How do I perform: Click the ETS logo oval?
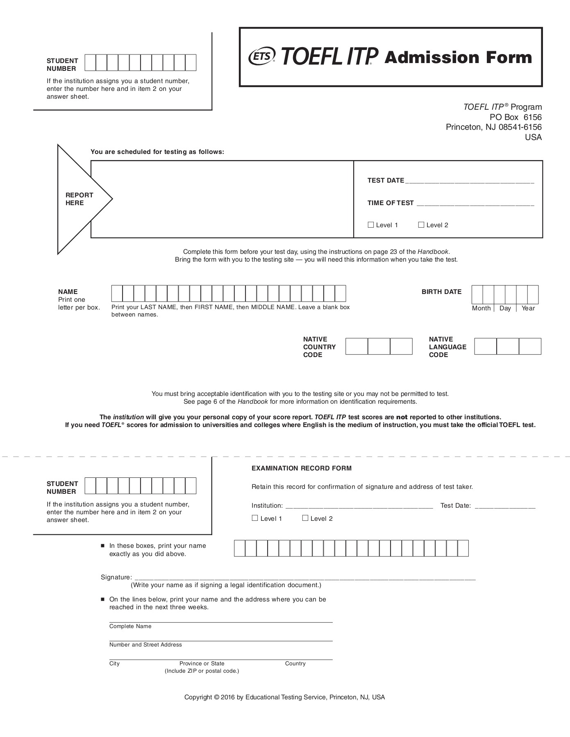[262, 57]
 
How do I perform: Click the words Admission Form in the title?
[458, 58]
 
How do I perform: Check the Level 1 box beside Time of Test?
[371, 225]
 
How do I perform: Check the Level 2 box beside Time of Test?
[421, 225]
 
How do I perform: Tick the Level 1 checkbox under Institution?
[255, 518]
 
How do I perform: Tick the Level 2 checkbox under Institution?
[305, 518]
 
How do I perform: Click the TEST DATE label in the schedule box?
[386, 181]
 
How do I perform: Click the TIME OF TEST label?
[391, 203]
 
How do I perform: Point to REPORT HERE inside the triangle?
[79, 199]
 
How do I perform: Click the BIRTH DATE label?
[441, 292]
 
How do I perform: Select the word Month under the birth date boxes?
[481, 308]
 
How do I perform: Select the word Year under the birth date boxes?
[528, 308]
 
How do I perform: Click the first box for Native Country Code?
[357, 346]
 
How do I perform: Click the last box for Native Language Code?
[530, 346]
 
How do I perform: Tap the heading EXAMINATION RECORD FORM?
[301, 468]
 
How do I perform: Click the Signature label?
[116, 577]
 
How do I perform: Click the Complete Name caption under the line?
[130, 626]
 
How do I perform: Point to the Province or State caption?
[202, 663]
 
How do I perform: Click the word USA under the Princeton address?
[533, 137]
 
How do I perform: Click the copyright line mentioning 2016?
[284, 697]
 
